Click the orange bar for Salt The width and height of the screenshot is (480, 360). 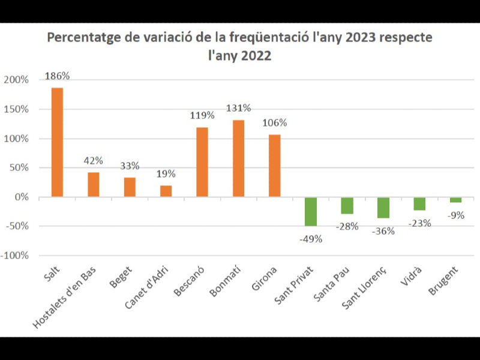57,142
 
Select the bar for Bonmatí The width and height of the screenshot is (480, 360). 238,158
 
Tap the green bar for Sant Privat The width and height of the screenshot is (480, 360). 310,211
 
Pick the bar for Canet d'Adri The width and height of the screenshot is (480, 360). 166,191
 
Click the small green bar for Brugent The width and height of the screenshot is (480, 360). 455,200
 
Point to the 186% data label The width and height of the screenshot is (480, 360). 58,76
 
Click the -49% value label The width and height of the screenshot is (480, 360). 311,239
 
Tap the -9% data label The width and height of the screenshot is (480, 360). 455,215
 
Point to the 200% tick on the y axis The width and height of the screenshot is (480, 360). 16,80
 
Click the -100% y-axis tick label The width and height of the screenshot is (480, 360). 14,256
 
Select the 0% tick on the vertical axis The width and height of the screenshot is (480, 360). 21,197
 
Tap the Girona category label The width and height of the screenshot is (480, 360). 264,278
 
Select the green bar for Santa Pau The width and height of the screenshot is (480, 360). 347,205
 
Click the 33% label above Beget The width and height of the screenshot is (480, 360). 130,166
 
